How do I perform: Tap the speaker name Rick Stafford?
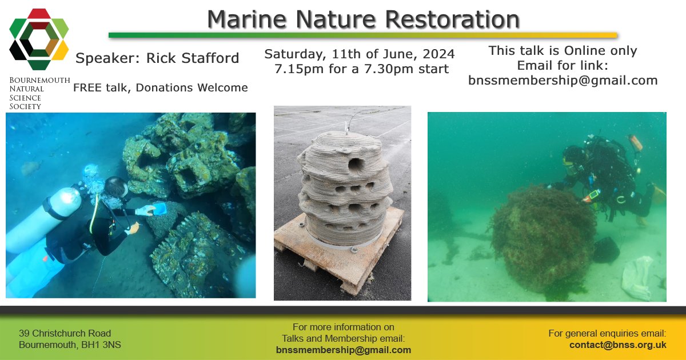click(x=193, y=58)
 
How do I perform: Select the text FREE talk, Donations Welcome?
click(x=160, y=87)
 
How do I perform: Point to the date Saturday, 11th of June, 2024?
click(x=359, y=54)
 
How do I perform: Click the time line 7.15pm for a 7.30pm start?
click(x=361, y=69)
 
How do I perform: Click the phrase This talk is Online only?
click(x=563, y=50)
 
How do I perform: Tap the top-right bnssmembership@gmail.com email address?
click(x=563, y=81)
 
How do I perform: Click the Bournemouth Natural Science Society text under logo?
click(x=39, y=93)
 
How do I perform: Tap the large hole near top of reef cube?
click(x=356, y=165)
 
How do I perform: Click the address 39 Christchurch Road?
click(x=65, y=333)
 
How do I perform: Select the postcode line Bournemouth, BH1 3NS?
click(x=70, y=345)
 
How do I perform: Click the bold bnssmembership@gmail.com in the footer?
click(x=343, y=350)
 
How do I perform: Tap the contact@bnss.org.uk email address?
click(x=617, y=345)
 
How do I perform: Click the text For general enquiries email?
click(x=607, y=333)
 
